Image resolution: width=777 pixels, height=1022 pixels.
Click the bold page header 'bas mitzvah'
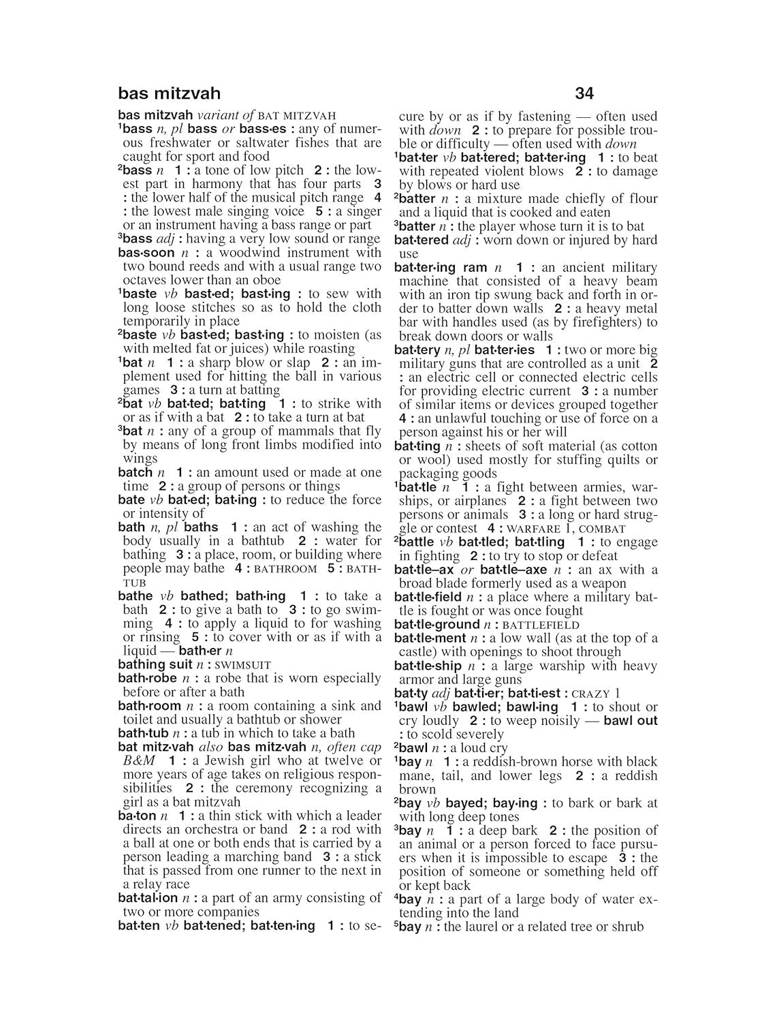169,93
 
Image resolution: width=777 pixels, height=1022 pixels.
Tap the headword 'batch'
135,472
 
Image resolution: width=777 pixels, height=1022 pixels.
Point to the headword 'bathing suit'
155,664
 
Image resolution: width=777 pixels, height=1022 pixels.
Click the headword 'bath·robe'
147,678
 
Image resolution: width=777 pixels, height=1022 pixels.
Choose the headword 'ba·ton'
137,816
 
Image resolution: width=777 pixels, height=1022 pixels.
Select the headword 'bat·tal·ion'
148,898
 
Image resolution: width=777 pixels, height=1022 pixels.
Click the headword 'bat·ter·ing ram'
441,267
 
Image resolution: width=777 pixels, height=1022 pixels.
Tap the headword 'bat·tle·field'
428,597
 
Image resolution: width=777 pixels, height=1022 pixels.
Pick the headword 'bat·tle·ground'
437,624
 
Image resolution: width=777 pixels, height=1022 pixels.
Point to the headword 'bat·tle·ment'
430,638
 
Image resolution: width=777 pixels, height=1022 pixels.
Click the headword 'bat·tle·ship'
428,666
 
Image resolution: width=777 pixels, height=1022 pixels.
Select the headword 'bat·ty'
411,693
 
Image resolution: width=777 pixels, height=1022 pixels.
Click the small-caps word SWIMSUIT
242,665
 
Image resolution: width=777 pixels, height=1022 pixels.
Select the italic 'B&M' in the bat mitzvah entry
139,760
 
